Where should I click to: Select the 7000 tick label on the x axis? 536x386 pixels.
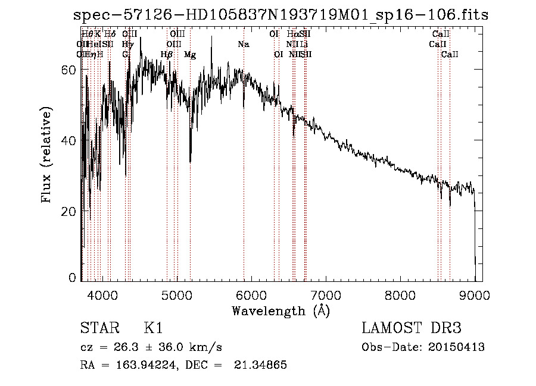tap(326, 294)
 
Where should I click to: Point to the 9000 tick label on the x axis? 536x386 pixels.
tap(475, 294)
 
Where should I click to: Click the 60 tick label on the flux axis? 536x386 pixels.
tap(70, 70)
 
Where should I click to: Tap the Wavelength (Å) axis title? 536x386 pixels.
tap(281, 310)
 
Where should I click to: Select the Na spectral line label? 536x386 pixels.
tap(243, 45)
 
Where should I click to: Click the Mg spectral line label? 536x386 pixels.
tap(190, 55)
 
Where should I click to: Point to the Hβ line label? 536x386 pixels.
tap(167, 55)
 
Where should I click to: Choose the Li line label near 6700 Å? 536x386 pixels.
tap(304, 45)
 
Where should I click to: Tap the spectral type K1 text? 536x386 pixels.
tap(153, 329)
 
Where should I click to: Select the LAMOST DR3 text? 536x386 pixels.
tap(412, 329)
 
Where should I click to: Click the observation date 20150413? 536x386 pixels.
tap(459, 347)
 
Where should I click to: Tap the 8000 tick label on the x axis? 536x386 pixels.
tap(400, 294)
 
